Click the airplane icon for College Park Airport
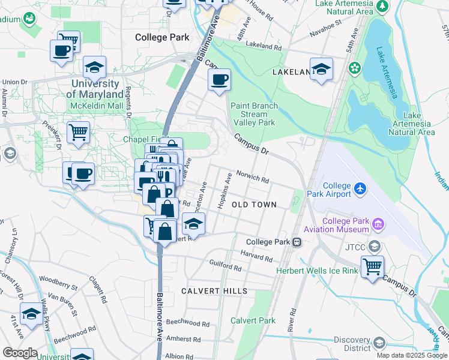pyautogui.click(x=360, y=189)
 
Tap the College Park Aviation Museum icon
pyautogui.click(x=378, y=225)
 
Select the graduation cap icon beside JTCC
pyautogui.click(x=375, y=247)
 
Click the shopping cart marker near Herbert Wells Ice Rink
pyautogui.click(x=372, y=266)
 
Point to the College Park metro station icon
pyautogui.click(x=296, y=242)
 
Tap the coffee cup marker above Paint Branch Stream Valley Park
pyautogui.click(x=219, y=79)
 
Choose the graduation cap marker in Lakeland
pyautogui.click(x=321, y=68)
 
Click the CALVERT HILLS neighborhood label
pyautogui.click(x=214, y=291)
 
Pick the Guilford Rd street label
pyautogui.click(x=225, y=266)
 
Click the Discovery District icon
pyautogui.click(x=379, y=343)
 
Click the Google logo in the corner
pyautogui.click(x=19, y=353)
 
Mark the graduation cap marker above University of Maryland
pyautogui.click(x=95, y=67)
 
